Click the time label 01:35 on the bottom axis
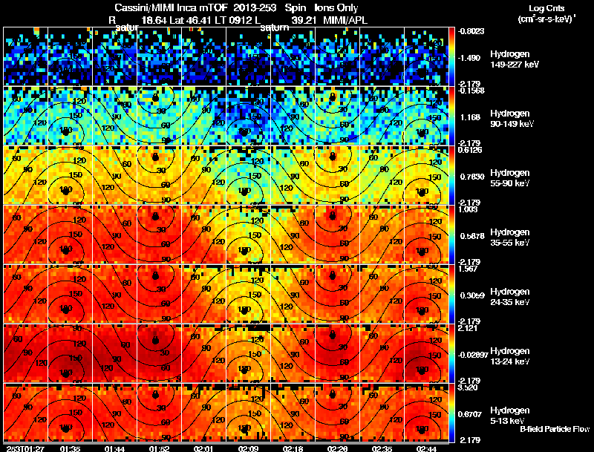click(x=71, y=448)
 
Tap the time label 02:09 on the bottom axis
click(x=249, y=448)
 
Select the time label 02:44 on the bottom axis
click(x=426, y=448)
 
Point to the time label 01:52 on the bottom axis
click(x=159, y=448)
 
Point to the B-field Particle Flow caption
click(x=554, y=429)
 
